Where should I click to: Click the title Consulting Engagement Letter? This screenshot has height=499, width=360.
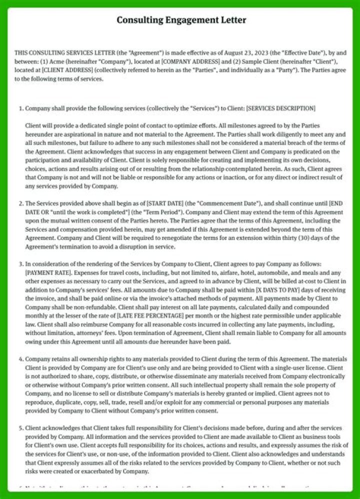181,20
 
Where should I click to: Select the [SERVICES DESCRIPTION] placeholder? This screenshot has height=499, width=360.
281,108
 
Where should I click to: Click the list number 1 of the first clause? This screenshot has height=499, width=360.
20,108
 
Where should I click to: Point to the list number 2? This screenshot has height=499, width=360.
20,203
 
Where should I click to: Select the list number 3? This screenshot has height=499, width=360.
20,264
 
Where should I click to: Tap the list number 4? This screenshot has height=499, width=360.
20,359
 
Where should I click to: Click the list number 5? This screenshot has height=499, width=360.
20,428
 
